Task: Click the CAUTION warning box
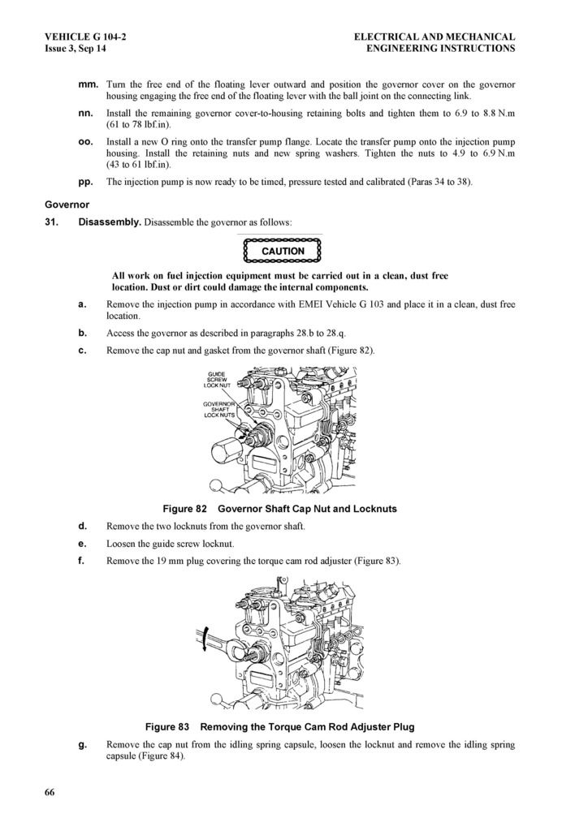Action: pyautogui.click(x=282, y=251)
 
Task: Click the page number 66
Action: pyautogui.click(x=50, y=793)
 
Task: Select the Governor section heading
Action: pyautogui.click(x=67, y=205)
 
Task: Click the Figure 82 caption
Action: pyautogui.click(x=279, y=509)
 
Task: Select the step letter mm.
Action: pyautogui.click(x=87, y=84)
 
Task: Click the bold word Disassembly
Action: pyautogui.click(x=110, y=222)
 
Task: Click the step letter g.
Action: pyautogui.click(x=82, y=744)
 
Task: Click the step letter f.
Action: pyautogui.click(x=82, y=560)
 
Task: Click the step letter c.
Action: pyautogui.click(x=82, y=350)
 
